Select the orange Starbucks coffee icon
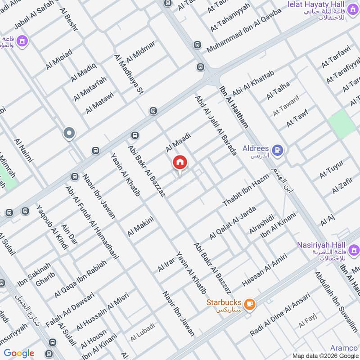250,304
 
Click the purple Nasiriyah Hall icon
354,249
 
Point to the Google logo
19,353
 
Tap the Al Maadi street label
179,141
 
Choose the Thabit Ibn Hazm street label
246,190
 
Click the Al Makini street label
141,226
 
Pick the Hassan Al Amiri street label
265,270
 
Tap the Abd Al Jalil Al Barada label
216,125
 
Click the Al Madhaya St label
128,75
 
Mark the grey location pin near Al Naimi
69,133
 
